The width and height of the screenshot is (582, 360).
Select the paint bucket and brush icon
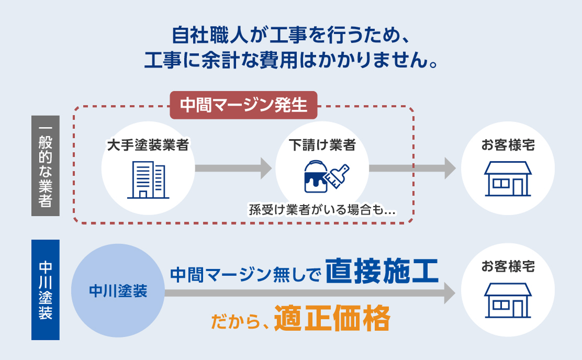(x=327, y=175)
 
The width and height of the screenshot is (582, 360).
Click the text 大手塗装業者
(x=148, y=145)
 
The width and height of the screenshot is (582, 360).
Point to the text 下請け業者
(x=322, y=145)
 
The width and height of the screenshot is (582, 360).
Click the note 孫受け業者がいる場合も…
(x=322, y=211)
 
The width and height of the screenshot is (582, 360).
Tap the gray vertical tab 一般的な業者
(x=46, y=166)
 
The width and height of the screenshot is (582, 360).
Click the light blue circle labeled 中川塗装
(x=118, y=291)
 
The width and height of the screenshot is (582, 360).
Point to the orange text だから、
(x=240, y=321)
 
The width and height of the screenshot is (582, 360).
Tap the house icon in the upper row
(x=508, y=178)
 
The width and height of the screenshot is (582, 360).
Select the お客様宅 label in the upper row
(x=508, y=145)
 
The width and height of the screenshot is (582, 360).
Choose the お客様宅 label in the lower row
(x=508, y=267)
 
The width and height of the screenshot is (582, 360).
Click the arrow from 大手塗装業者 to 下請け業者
(x=233, y=168)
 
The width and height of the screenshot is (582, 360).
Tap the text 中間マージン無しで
(x=245, y=274)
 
